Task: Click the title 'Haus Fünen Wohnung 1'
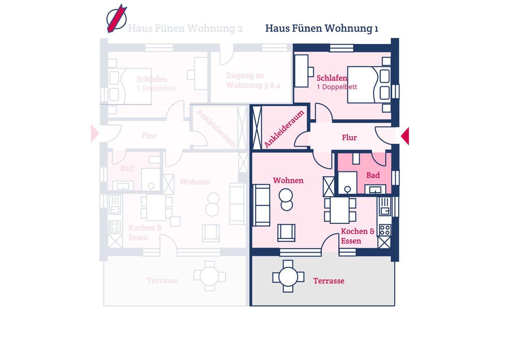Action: [x=321, y=28]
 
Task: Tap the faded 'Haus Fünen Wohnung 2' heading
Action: [x=185, y=28]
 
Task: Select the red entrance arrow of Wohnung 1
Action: [x=405, y=136]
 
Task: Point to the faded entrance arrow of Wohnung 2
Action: [x=95, y=134]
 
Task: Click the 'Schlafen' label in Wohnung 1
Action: [x=331, y=78]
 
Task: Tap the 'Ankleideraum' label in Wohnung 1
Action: [x=284, y=129]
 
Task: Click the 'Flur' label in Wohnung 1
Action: [x=349, y=138]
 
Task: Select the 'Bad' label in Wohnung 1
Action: [x=373, y=175]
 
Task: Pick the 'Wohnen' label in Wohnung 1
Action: [x=288, y=181]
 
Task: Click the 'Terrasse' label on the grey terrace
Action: [x=329, y=281]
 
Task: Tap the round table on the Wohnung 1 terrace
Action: [x=288, y=277]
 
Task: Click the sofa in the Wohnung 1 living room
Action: [x=261, y=205]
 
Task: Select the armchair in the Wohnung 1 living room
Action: [x=286, y=233]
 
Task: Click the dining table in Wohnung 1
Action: [x=340, y=210]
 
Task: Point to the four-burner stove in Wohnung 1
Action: [x=384, y=230]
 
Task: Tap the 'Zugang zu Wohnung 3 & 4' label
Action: [x=253, y=81]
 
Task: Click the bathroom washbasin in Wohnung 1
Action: [x=375, y=189]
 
